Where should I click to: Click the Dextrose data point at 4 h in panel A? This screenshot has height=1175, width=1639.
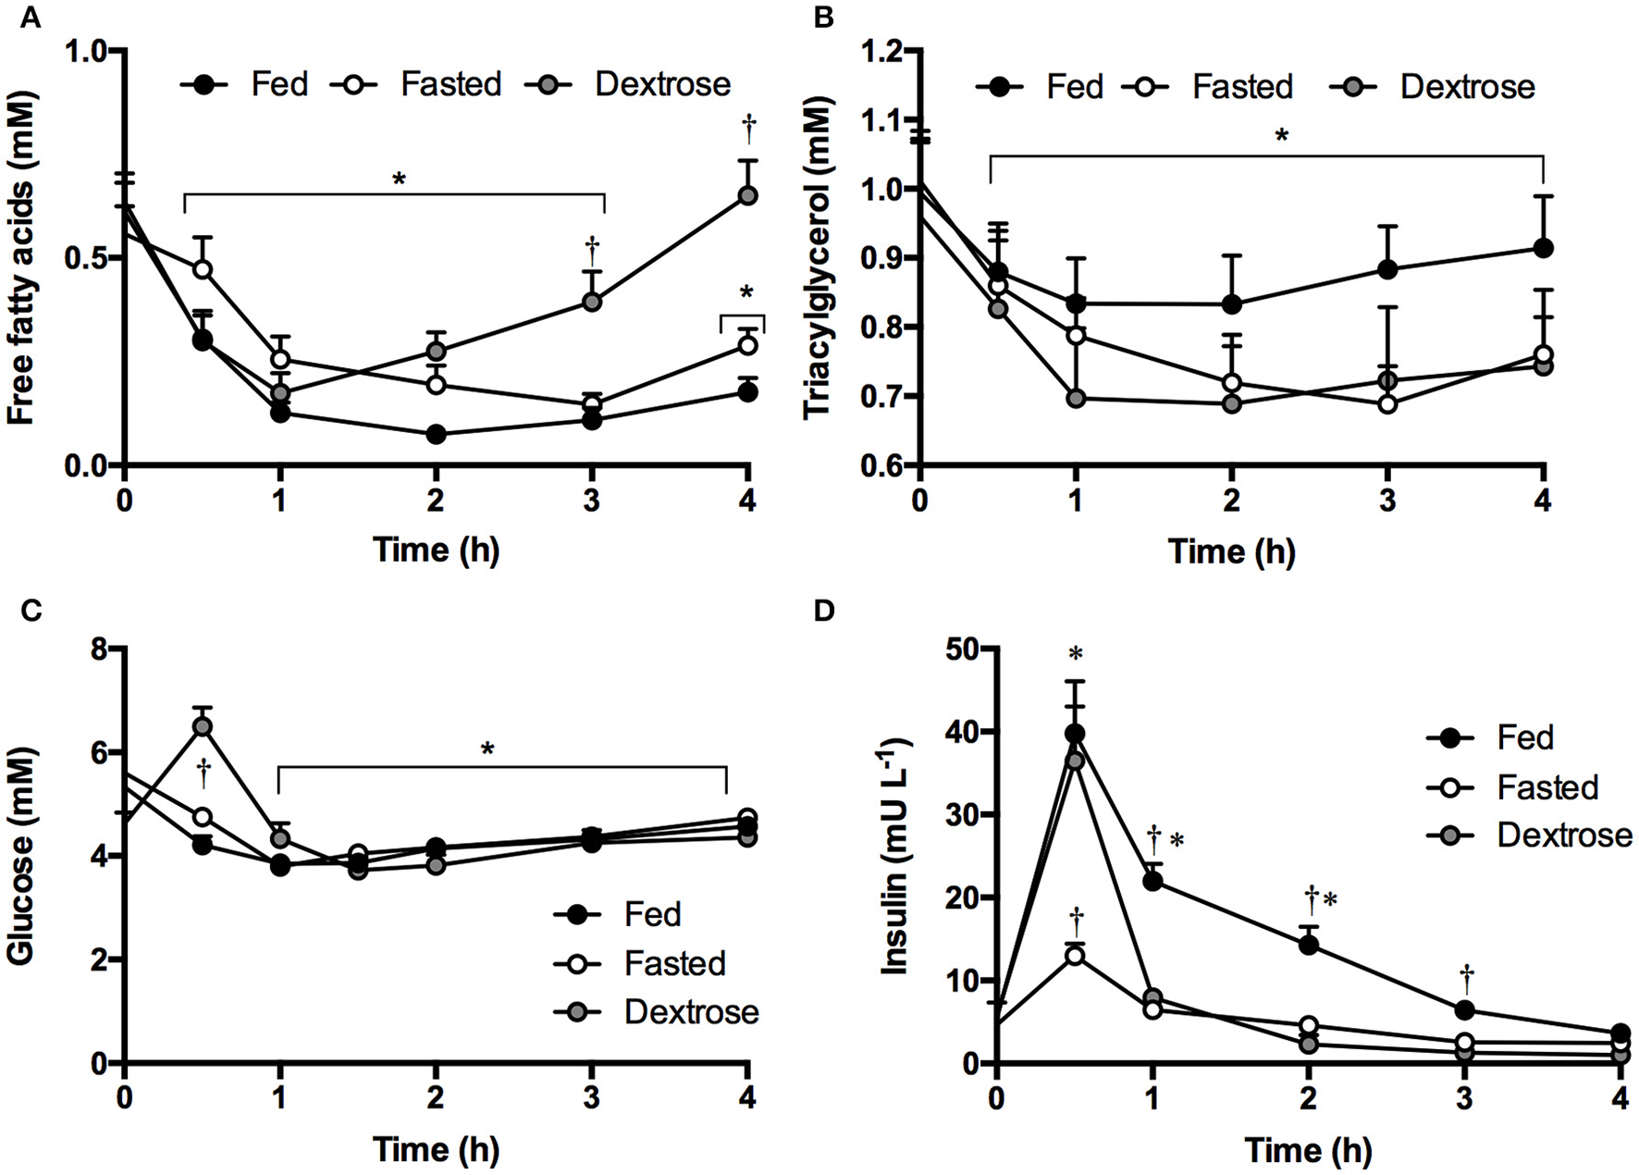pos(747,196)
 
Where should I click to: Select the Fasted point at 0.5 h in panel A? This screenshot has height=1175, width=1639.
pos(202,269)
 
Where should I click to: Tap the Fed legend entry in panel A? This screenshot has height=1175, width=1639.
pos(248,85)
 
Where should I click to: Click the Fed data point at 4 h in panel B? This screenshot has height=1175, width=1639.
pos(1543,248)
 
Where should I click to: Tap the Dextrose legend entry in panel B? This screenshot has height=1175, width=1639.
pos(1434,87)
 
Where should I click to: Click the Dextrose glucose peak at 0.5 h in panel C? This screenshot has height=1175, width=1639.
pos(202,726)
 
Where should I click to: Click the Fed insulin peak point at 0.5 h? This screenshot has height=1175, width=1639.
pos(1075,734)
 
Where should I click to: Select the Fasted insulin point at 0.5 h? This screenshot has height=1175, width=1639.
pos(1075,956)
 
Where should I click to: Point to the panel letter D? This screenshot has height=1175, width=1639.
pos(824,612)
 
